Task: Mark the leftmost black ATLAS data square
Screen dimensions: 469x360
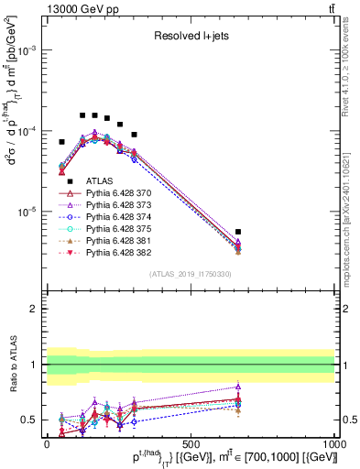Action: [61, 142]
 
